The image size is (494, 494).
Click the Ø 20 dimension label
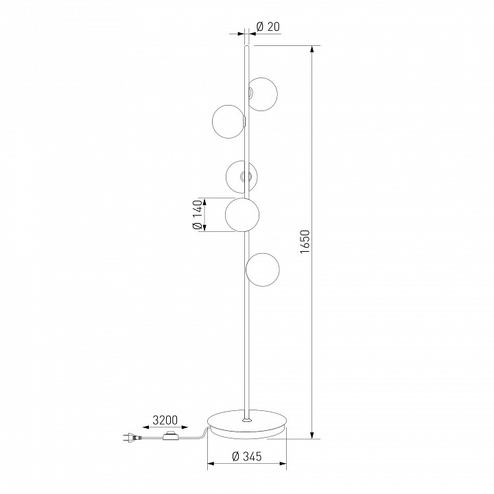tap(268, 27)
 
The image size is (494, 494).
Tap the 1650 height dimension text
tap(305, 242)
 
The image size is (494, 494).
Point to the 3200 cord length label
tap(165, 420)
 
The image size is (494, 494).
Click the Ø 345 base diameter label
tap(247, 456)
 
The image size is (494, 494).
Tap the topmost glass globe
tap(261, 94)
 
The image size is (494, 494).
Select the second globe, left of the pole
tap(228, 121)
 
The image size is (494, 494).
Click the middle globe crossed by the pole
tap(242, 177)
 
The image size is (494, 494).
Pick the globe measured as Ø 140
tap(242, 215)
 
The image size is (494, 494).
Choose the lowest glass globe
tap(262, 270)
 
